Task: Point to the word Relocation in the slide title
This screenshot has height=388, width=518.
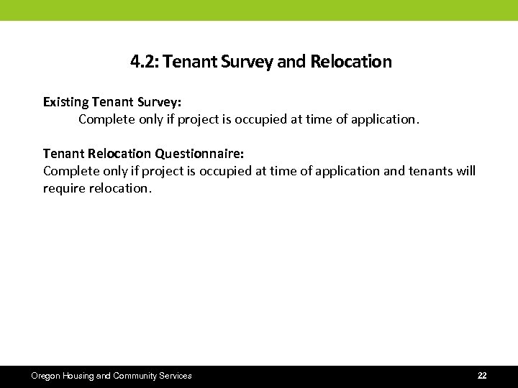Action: click(351, 62)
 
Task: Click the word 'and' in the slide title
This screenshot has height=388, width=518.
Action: click(291, 62)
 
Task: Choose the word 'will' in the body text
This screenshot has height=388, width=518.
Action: click(465, 171)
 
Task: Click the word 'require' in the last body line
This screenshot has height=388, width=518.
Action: click(63, 188)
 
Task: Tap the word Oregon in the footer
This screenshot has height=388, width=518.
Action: click(46, 376)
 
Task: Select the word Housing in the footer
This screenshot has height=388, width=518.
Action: click(79, 376)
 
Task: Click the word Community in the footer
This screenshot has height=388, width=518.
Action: click(136, 376)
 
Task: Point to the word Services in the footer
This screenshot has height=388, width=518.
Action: click(176, 376)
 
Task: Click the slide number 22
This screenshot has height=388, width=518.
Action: click(482, 376)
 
